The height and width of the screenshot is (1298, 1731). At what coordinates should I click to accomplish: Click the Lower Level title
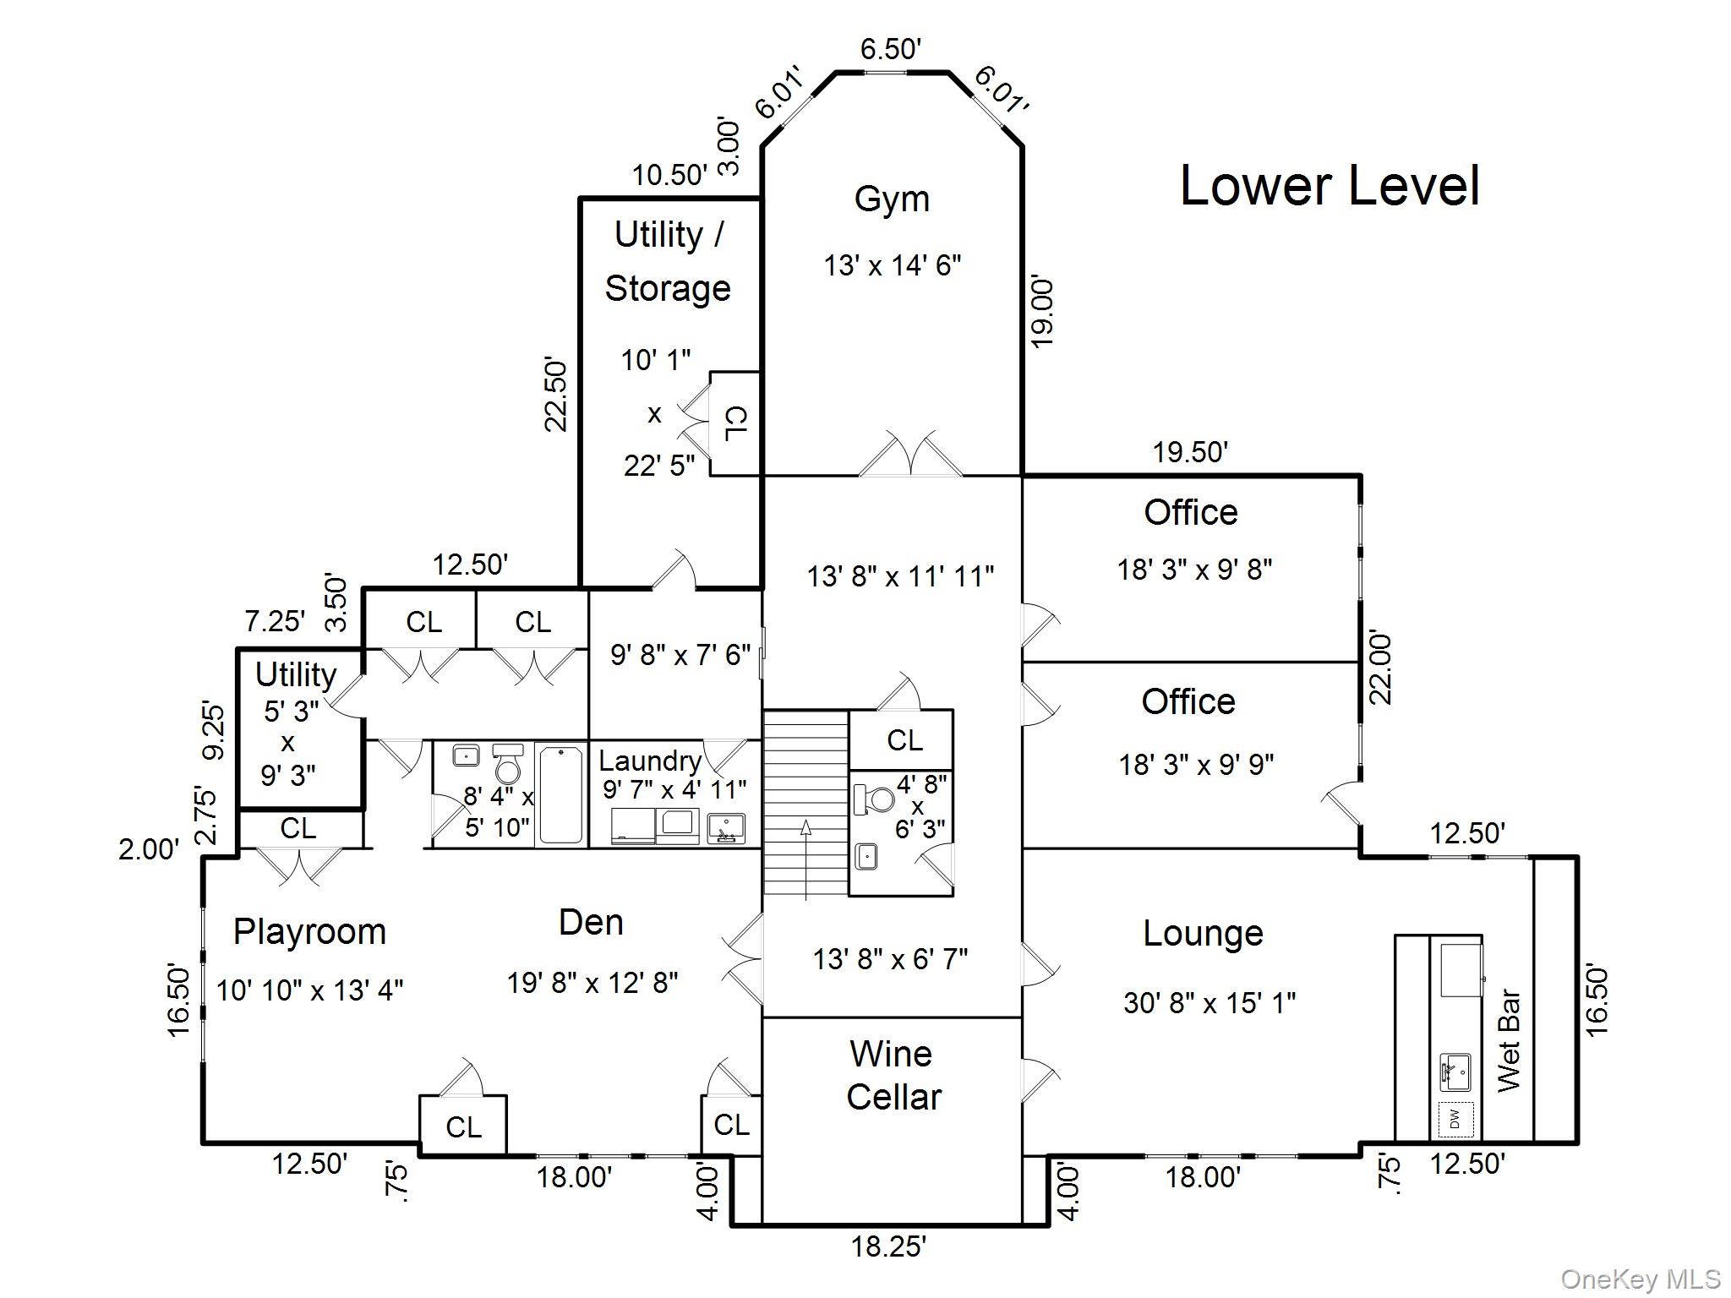1329,186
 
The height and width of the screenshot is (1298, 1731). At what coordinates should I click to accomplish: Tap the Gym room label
892,199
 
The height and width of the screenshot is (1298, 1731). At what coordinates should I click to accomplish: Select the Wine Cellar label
893,1075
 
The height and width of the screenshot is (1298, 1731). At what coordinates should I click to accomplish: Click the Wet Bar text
1509,1041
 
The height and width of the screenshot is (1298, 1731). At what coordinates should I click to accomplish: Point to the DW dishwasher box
1455,1120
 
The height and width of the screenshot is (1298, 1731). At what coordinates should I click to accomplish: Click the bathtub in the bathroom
560,794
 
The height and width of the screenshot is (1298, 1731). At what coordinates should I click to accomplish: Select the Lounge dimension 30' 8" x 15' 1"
1209,1003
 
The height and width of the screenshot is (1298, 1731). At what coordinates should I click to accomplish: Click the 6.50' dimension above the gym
890,49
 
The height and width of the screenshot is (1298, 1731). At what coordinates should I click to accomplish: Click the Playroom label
309,932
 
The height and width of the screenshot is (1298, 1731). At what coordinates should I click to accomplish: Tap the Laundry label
650,761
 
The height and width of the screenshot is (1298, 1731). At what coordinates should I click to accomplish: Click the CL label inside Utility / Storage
735,423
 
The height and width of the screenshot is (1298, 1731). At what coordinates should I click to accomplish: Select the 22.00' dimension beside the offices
1379,668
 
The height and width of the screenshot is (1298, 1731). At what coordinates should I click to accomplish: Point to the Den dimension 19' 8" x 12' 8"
592,983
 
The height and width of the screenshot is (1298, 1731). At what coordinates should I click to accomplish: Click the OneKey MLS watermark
1641,1279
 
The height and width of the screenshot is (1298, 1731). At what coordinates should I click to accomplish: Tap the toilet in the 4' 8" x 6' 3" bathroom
875,799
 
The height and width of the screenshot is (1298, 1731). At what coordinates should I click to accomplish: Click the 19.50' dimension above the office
1190,453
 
